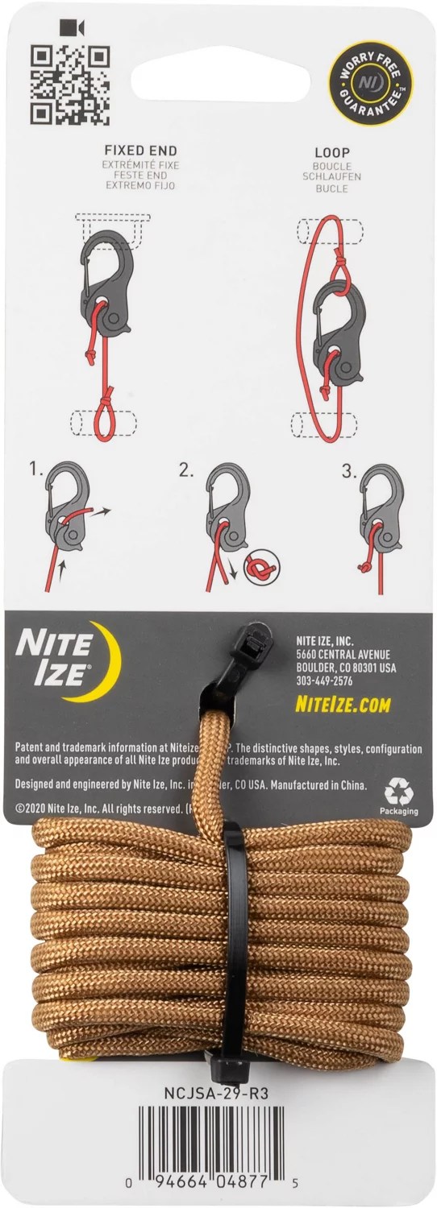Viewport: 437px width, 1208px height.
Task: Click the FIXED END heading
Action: point(140,150)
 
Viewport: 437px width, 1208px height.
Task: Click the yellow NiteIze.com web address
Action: point(343,705)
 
